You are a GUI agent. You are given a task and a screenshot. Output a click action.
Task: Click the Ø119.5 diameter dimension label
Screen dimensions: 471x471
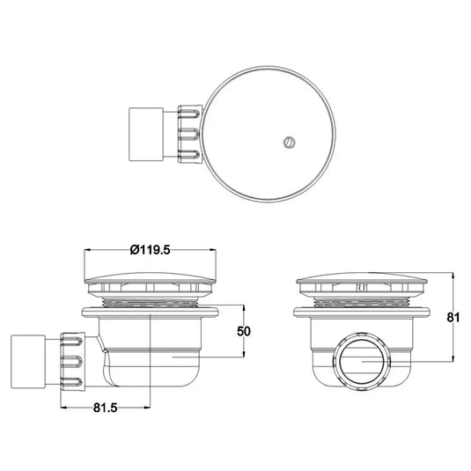point(150,249)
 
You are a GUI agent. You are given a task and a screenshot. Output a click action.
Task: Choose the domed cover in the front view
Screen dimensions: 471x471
point(363,284)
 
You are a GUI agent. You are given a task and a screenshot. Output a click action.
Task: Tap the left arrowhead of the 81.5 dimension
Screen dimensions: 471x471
point(63,408)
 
